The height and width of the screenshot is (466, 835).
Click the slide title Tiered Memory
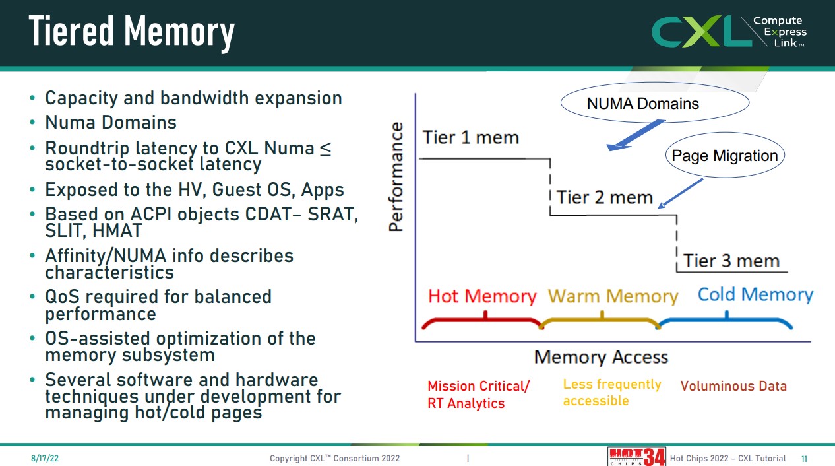point(132,32)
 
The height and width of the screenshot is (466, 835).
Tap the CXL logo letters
point(700,32)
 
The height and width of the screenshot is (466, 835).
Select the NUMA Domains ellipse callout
point(654,104)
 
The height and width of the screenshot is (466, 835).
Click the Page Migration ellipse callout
point(724,156)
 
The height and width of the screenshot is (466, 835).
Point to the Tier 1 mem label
point(470,137)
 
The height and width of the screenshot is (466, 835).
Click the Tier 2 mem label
point(604,197)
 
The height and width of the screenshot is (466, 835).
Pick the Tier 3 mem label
point(731,261)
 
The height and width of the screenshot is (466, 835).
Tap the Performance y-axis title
point(396,177)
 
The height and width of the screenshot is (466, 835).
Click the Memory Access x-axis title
point(601,357)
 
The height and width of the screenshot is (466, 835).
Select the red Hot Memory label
point(482,296)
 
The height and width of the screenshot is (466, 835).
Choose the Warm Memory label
point(613,296)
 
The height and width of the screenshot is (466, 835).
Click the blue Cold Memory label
point(755,294)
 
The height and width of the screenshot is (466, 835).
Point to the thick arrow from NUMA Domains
point(635,135)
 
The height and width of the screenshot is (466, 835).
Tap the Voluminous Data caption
point(733,386)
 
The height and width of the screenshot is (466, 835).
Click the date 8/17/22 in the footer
point(40,458)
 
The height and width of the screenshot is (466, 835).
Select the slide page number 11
point(804,459)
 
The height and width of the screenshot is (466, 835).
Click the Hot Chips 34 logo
point(636,457)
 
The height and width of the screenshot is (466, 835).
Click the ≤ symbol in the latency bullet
point(326,148)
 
